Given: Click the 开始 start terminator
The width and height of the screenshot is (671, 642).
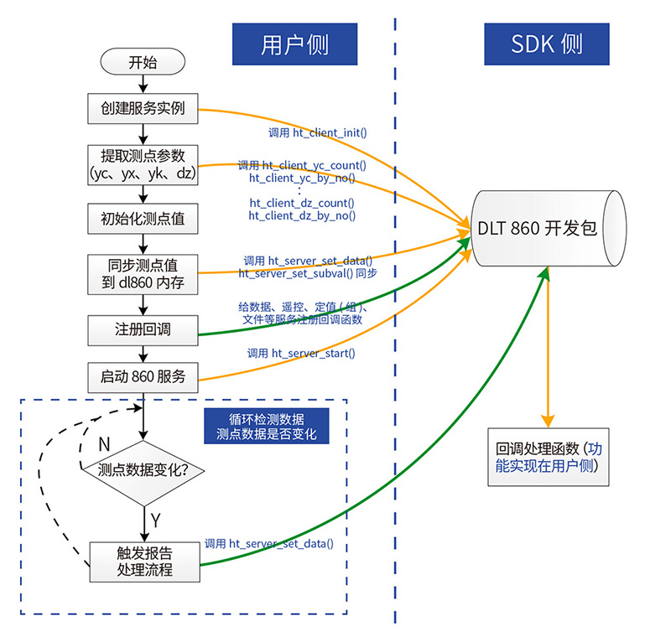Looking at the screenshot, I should point(143,62).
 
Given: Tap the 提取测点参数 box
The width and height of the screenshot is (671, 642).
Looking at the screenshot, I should point(143,164).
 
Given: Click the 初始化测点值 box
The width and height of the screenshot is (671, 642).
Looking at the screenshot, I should point(143,219).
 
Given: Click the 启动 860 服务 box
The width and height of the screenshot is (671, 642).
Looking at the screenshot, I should point(143,378).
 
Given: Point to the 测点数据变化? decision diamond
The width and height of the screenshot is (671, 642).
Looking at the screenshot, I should point(143,471).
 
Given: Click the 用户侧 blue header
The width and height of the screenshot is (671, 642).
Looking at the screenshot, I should point(294,44).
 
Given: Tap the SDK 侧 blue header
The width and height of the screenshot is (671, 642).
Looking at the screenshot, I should point(546,44).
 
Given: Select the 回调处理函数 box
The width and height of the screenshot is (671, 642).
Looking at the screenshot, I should point(548,457).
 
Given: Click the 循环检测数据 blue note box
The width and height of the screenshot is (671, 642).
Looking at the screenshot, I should point(266,427).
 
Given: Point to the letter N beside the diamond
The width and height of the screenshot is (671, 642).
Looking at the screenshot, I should point(104,443).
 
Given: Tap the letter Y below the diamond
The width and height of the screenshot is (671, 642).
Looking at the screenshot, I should point(154,520).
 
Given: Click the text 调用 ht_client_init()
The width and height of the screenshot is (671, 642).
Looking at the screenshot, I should point(317,132).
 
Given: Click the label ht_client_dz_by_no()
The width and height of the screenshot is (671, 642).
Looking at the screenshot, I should point(302,215).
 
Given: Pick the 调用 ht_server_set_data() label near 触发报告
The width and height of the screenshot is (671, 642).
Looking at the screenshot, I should point(269,543).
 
